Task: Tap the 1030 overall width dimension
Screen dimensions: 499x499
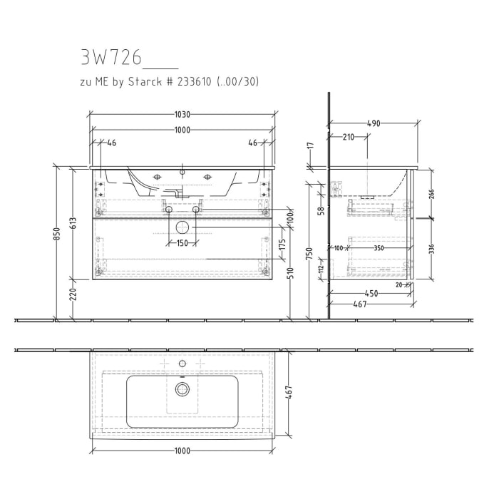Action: coord(182,114)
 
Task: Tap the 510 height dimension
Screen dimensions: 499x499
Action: coord(291,273)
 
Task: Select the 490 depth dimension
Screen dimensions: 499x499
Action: coord(373,123)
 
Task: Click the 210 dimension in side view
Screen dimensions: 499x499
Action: coord(349,137)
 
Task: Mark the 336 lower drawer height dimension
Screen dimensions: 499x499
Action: coord(431,249)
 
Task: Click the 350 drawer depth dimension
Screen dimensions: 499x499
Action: coord(379,248)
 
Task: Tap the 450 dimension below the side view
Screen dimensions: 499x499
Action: coord(371,293)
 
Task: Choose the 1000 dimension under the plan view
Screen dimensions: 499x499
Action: coord(182,451)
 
